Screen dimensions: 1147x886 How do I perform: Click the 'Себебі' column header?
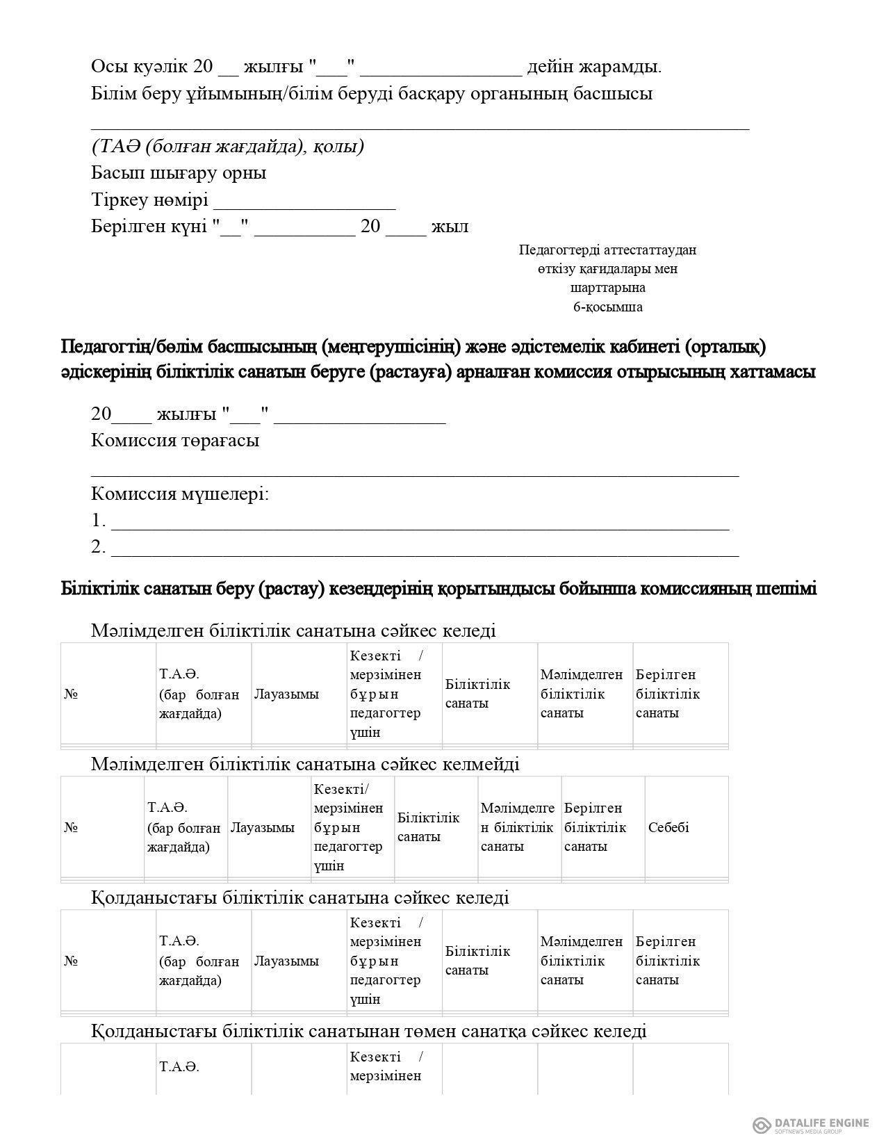[x=668, y=827]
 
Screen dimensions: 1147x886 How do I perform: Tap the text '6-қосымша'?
[x=607, y=307]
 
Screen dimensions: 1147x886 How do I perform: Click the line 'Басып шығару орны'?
[x=179, y=172]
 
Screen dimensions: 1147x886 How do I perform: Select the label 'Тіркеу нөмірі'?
[x=149, y=200]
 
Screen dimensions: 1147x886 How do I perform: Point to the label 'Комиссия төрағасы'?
[x=175, y=440]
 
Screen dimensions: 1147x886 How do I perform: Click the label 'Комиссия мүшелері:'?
[x=180, y=494]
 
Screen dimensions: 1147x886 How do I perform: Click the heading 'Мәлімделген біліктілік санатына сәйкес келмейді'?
[x=305, y=764]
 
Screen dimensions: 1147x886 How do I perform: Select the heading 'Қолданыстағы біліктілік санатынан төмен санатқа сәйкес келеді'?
[x=369, y=1030]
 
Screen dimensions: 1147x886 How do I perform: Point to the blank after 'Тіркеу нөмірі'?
[x=304, y=202]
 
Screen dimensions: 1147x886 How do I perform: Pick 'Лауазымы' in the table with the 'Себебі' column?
[x=263, y=827]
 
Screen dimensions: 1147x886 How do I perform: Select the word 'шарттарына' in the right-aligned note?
[x=607, y=288]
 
